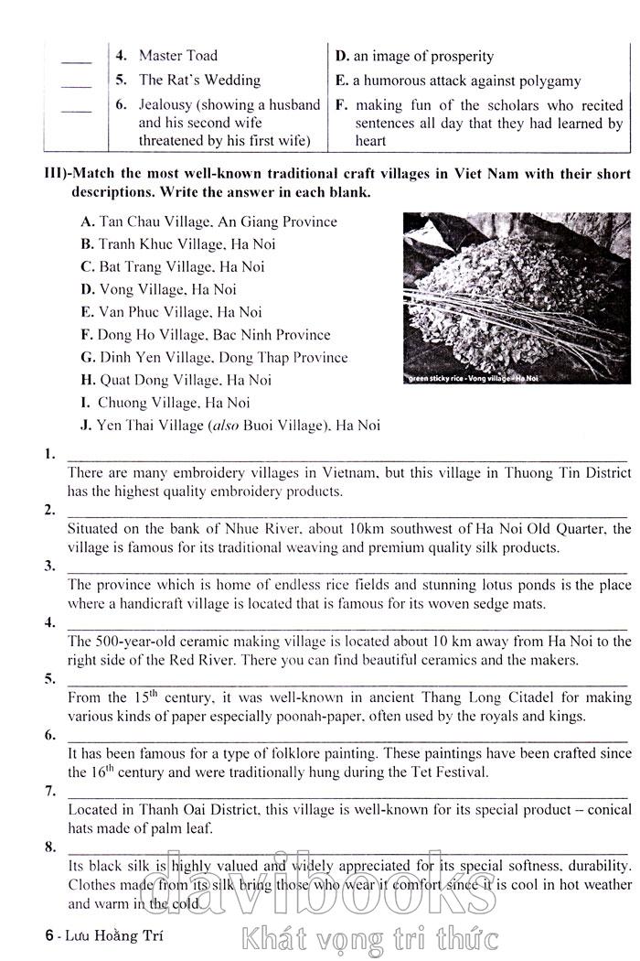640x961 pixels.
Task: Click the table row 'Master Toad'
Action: (x=177, y=56)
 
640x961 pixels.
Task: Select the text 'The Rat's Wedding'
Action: (x=199, y=81)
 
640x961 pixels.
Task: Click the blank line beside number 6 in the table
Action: (x=77, y=111)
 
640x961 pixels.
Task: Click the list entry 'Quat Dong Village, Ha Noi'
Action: (x=176, y=380)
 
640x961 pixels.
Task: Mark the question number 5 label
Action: (x=48, y=678)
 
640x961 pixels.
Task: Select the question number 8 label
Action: (x=48, y=847)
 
